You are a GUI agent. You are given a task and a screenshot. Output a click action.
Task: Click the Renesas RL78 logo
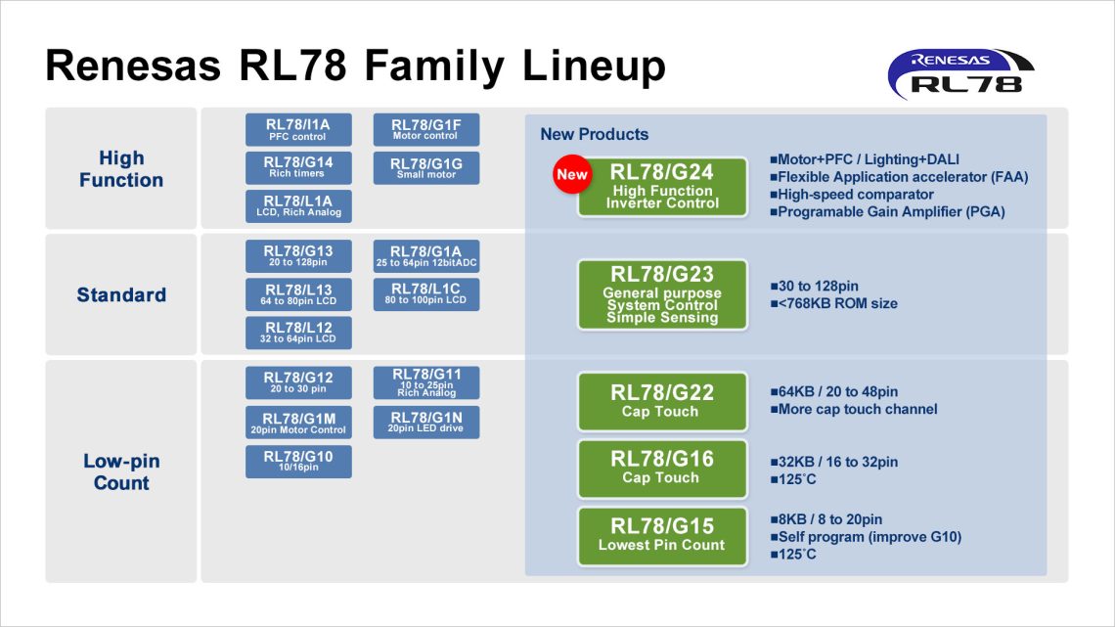[x=960, y=71]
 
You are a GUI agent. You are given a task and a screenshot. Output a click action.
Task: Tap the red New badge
[x=572, y=175]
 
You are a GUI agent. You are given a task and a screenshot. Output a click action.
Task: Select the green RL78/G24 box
[x=662, y=186]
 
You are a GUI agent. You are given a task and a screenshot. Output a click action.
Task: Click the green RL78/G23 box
[x=662, y=293]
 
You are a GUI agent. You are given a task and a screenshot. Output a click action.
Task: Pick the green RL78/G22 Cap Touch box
[x=662, y=401]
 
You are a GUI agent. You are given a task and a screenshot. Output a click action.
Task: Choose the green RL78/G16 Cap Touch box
[x=662, y=468]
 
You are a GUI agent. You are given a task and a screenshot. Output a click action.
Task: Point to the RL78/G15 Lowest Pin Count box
[x=662, y=534]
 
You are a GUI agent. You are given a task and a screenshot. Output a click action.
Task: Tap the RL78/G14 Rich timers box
[x=298, y=167]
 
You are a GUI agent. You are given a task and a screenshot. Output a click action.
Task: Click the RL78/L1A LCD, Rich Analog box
[x=298, y=205]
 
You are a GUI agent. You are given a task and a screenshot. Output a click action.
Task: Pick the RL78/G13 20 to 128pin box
[x=298, y=256]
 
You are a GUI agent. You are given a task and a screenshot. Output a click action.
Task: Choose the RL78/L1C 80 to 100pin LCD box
[x=426, y=294]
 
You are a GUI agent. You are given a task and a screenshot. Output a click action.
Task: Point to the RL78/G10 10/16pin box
[x=298, y=461]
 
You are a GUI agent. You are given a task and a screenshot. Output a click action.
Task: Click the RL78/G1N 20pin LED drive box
[x=426, y=422]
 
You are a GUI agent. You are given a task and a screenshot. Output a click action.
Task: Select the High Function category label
[x=121, y=169]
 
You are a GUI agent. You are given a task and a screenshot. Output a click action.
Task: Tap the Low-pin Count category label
[x=121, y=471]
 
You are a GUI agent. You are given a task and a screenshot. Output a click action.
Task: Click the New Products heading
[x=594, y=134]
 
